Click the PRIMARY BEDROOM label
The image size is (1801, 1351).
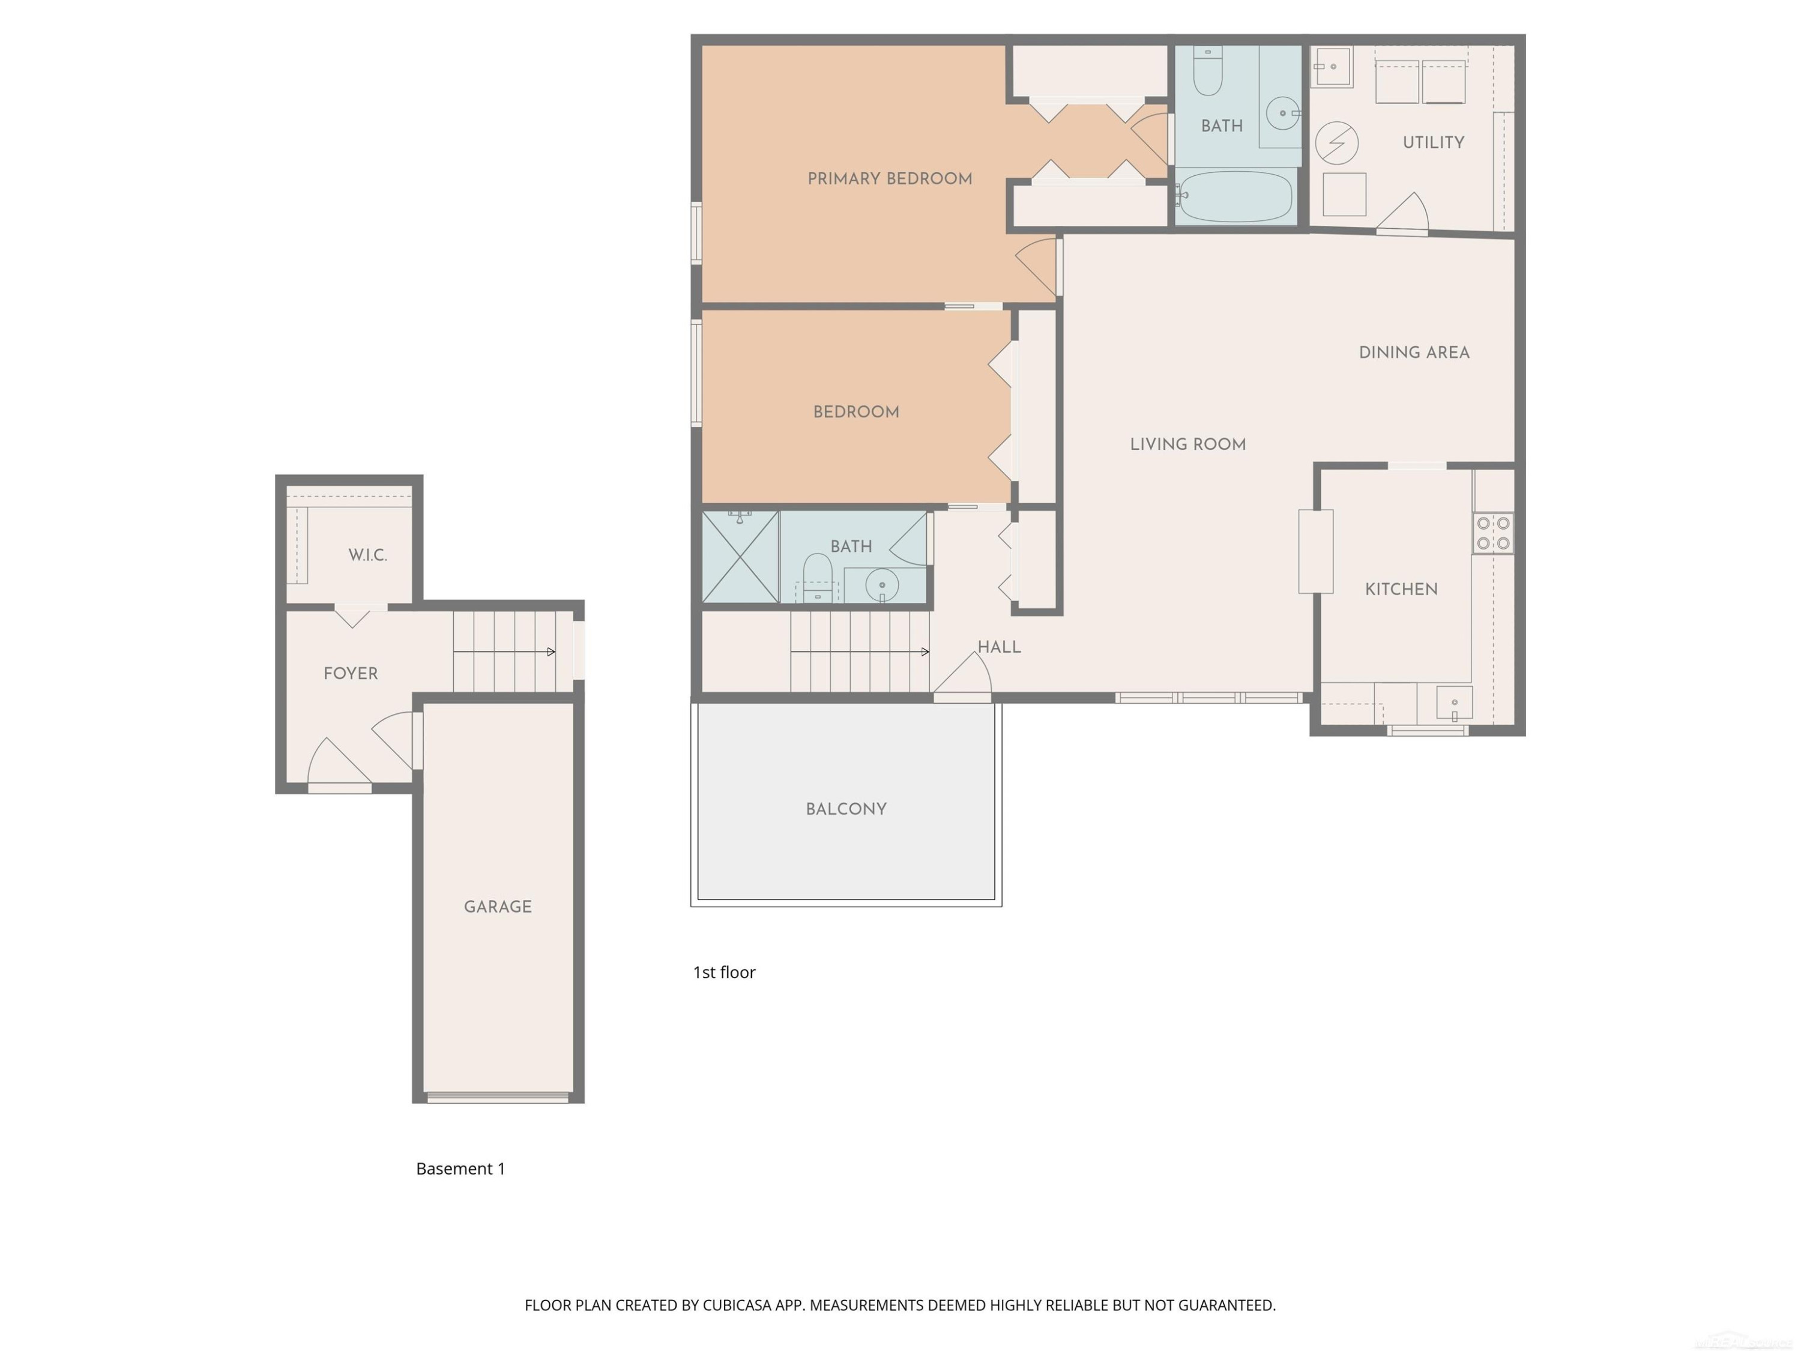(x=890, y=178)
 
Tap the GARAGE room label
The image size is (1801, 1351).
(x=498, y=906)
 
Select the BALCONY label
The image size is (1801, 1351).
(x=846, y=809)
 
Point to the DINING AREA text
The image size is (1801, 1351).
(x=1414, y=352)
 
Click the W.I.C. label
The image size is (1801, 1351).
(x=367, y=555)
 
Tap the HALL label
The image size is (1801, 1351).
(x=999, y=647)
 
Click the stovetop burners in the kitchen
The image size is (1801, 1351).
(x=1493, y=533)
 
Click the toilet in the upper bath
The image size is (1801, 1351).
(x=1207, y=71)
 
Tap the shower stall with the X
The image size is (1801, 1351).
(x=740, y=557)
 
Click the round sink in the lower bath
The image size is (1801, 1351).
(x=882, y=585)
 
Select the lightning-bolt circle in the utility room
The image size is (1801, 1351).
(x=1336, y=144)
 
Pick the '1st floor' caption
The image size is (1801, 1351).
(x=724, y=972)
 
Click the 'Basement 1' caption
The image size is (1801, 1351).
(x=461, y=1168)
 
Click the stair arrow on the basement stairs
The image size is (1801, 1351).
(x=505, y=651)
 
